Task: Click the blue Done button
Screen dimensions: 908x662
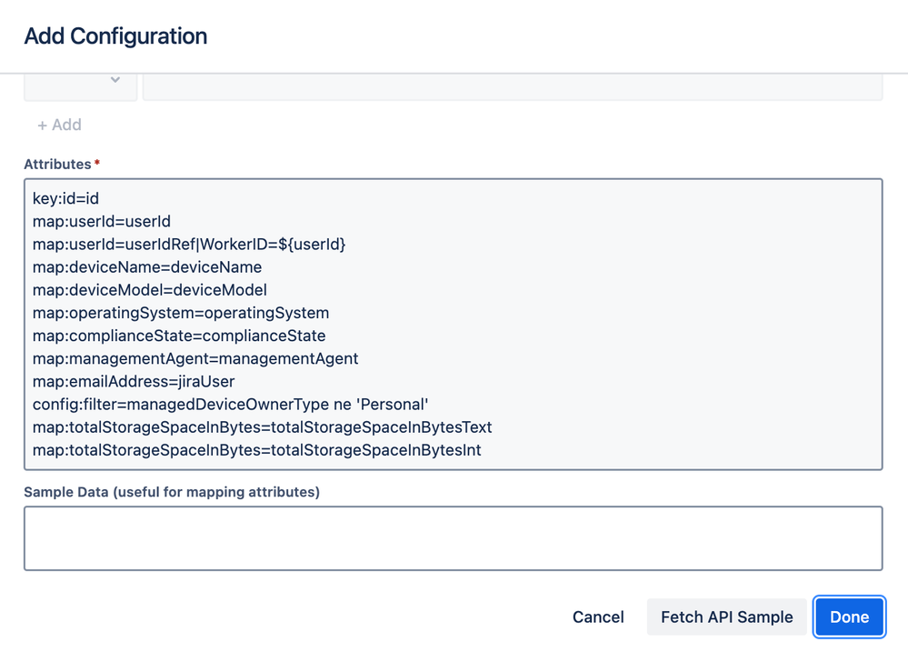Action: click(849, 617)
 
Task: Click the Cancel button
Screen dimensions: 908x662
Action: click(598, 617)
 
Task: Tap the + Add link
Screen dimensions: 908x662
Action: click(60, 125)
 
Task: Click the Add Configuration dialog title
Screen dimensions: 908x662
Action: click(115, 36)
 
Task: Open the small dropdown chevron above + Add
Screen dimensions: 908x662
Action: click(115, 81)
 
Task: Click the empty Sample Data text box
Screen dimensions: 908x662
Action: click(453, 538)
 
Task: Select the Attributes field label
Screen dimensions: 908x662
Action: click(57, 165)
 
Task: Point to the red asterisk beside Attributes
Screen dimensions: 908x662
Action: click(97, 163)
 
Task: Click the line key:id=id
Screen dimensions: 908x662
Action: click(65, 198)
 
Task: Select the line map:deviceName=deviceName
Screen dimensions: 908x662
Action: click(147, 267)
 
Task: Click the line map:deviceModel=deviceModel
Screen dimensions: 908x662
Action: click(150, 290)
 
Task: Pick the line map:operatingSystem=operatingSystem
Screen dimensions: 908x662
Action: click(181, 313)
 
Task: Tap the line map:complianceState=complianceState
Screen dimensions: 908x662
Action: click(179, 336)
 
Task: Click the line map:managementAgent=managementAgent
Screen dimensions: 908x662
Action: click(195, 358)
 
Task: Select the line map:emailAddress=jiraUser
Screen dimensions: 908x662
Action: click(134, 381)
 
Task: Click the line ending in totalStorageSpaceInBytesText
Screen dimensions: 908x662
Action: click(262, 426)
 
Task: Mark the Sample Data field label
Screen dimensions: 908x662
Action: click(172, 492)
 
